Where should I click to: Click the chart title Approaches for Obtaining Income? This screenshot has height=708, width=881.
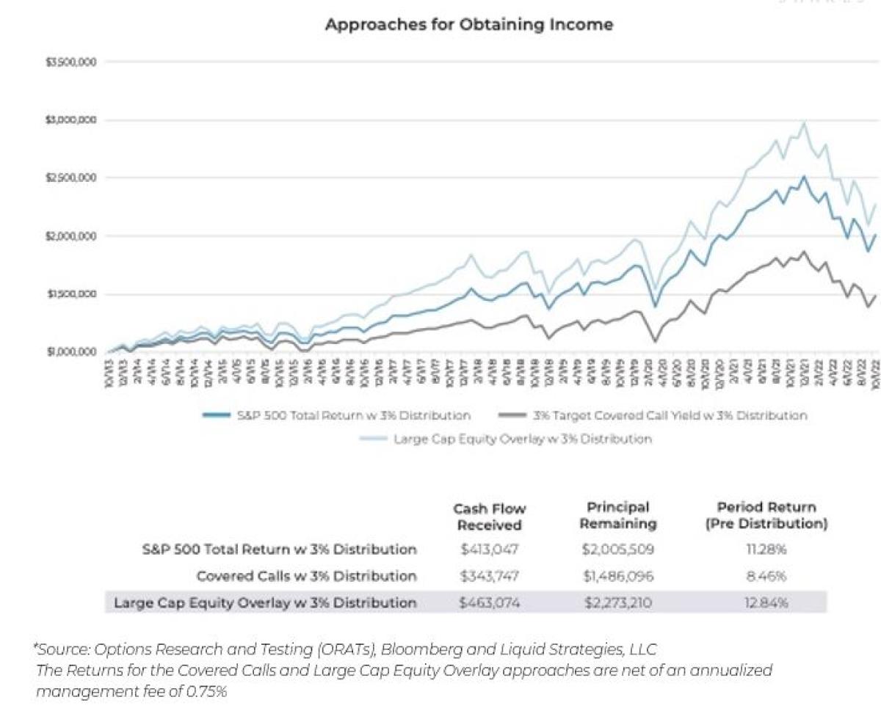pyautogui.click(x=468, y=24)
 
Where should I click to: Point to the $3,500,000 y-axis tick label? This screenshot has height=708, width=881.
pyautogui.click(x=71, y=62)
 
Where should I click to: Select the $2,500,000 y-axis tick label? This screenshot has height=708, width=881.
pyautogui.click(x=71, y=178)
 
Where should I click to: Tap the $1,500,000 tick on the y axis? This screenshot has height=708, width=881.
pyautogui.click(x=71, y=294)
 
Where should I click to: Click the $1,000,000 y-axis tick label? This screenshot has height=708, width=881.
pyautogui.click(x=71, y=352)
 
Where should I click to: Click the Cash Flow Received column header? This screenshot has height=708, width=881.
pyautogui.click(x=489, y=517)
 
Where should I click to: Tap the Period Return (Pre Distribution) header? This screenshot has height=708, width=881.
pyautogui.click(x=766, y=515)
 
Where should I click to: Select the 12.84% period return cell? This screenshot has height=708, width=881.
pyautogui.click(x=766, y=603)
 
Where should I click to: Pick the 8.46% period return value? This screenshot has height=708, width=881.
pyautogui.click(x=766, y=576)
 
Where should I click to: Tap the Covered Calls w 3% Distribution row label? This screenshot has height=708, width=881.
pyautogui.click(x=306, y=576)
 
